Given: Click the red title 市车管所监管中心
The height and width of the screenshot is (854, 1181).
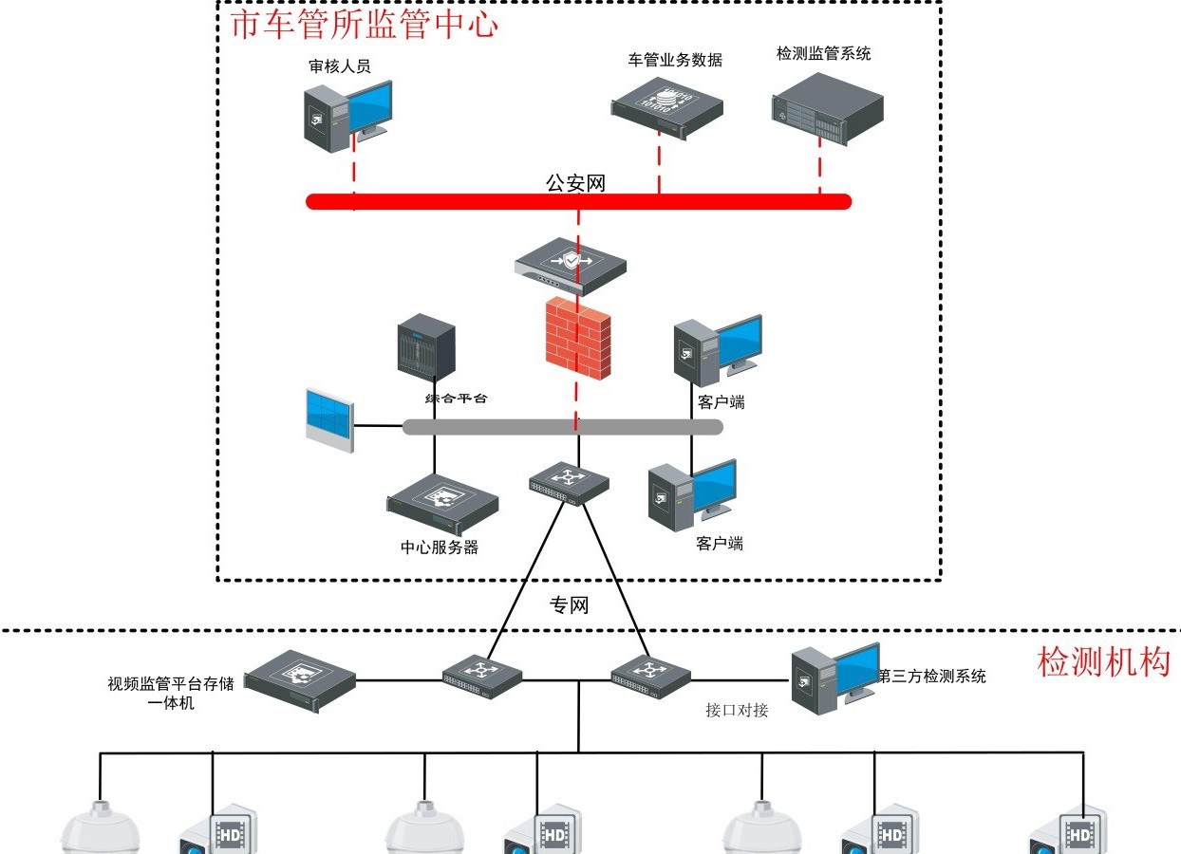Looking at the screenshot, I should click(365, 24).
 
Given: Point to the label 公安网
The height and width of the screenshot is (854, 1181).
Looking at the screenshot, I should click(575, 183).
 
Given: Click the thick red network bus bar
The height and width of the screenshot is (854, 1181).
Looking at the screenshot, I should click(579, 201).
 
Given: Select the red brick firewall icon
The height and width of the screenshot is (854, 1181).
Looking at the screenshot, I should click(577, 338).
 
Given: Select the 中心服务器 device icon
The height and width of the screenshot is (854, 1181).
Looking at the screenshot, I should click(442, 503).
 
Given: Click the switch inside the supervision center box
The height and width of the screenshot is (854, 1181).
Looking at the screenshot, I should click(569, 484).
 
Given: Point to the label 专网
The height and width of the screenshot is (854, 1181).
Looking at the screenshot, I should click(570, 604).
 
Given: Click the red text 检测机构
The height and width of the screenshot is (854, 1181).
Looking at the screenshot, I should click(1103, 661).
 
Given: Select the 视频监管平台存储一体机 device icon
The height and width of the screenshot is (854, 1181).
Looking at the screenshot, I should click(300, 680).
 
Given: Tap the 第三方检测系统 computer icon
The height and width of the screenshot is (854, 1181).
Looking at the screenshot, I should click(834, 678).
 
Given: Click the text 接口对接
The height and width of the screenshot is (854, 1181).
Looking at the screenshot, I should click(737, 710).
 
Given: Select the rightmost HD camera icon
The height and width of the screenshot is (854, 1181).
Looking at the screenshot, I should click(1070, 831).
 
